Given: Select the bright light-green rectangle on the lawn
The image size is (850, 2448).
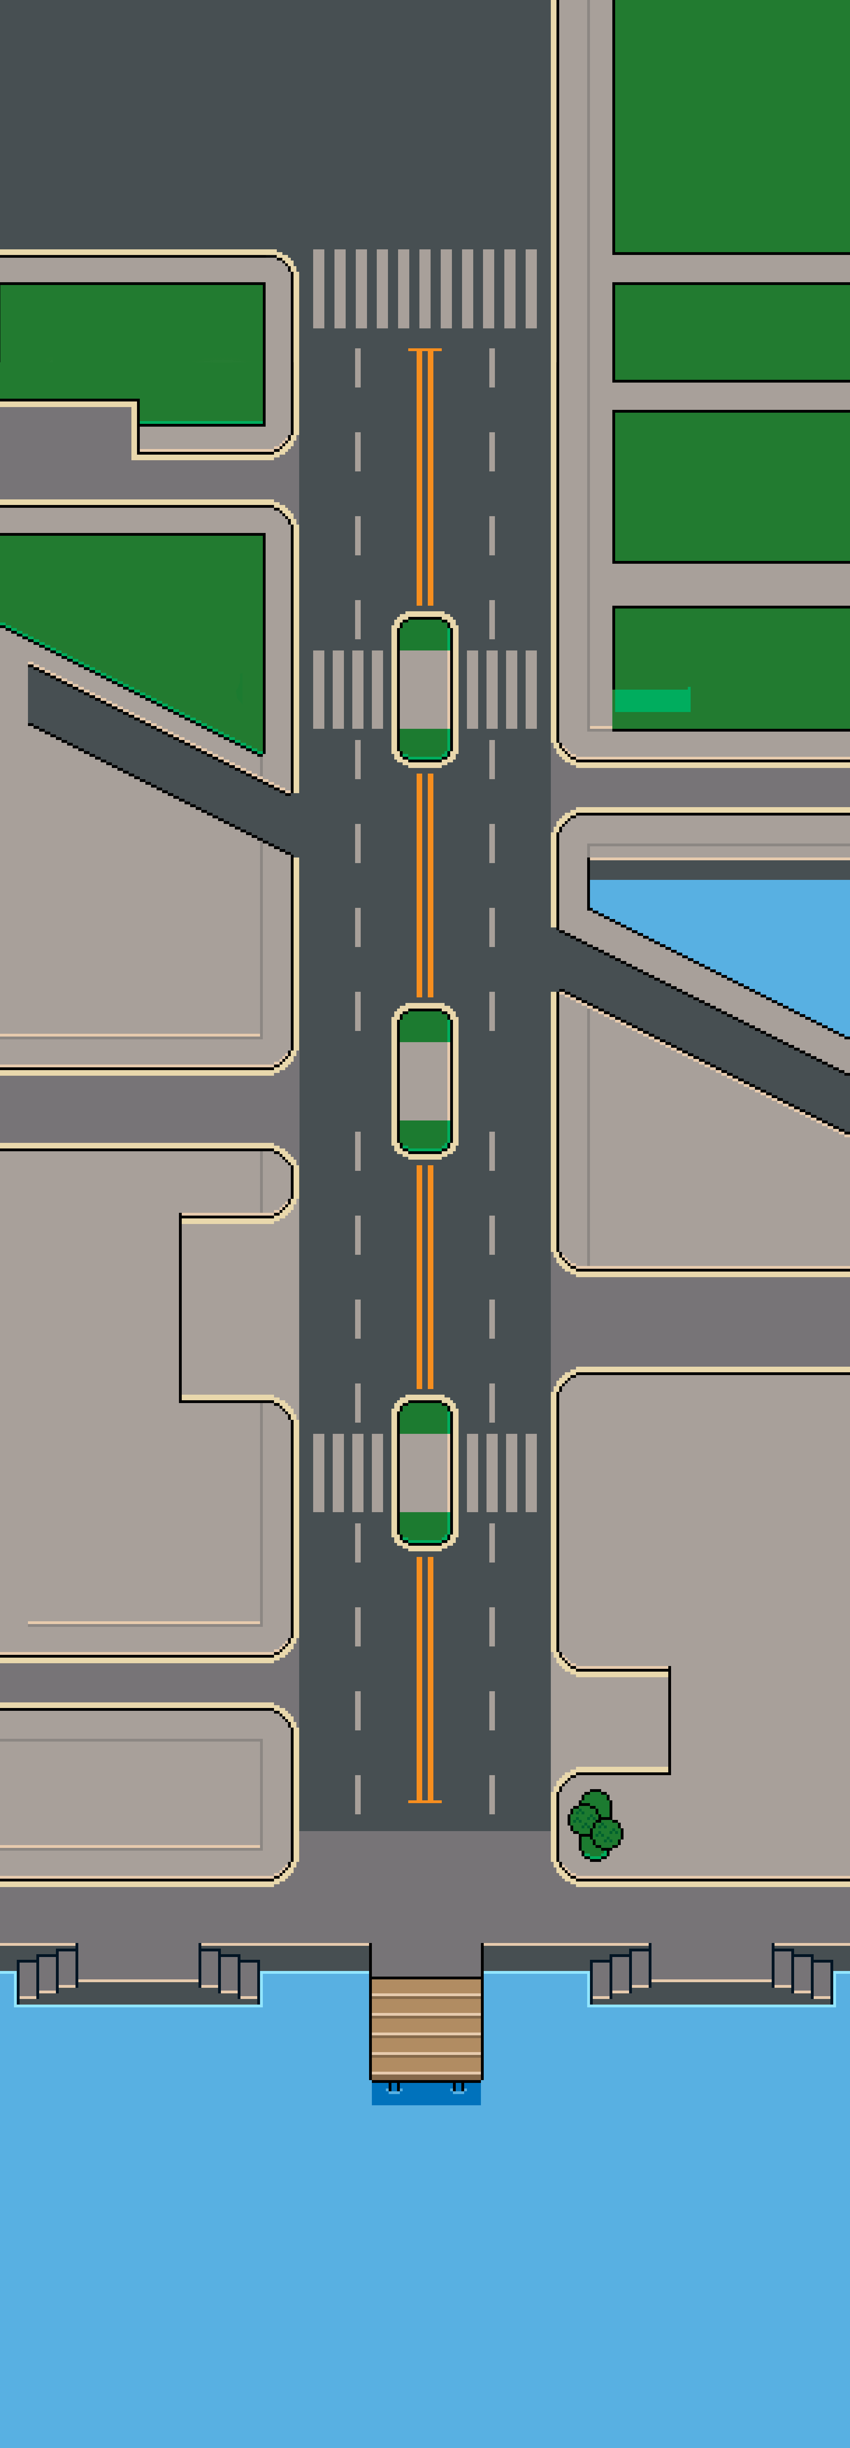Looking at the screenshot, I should [x=651, y=700].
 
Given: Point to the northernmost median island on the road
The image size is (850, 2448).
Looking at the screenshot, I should [x=425, y=689].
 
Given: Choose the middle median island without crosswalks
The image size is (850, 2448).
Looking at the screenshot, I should [x=425, y=1081].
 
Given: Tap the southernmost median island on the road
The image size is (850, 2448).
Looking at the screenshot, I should [x=425, y=1472].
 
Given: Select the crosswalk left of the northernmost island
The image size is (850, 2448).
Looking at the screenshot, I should [x=348, y=689].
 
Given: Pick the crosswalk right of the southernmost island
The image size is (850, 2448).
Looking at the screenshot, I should [x=502, y=1472].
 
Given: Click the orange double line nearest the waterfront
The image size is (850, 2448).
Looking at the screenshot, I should [x=425, y=1677].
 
